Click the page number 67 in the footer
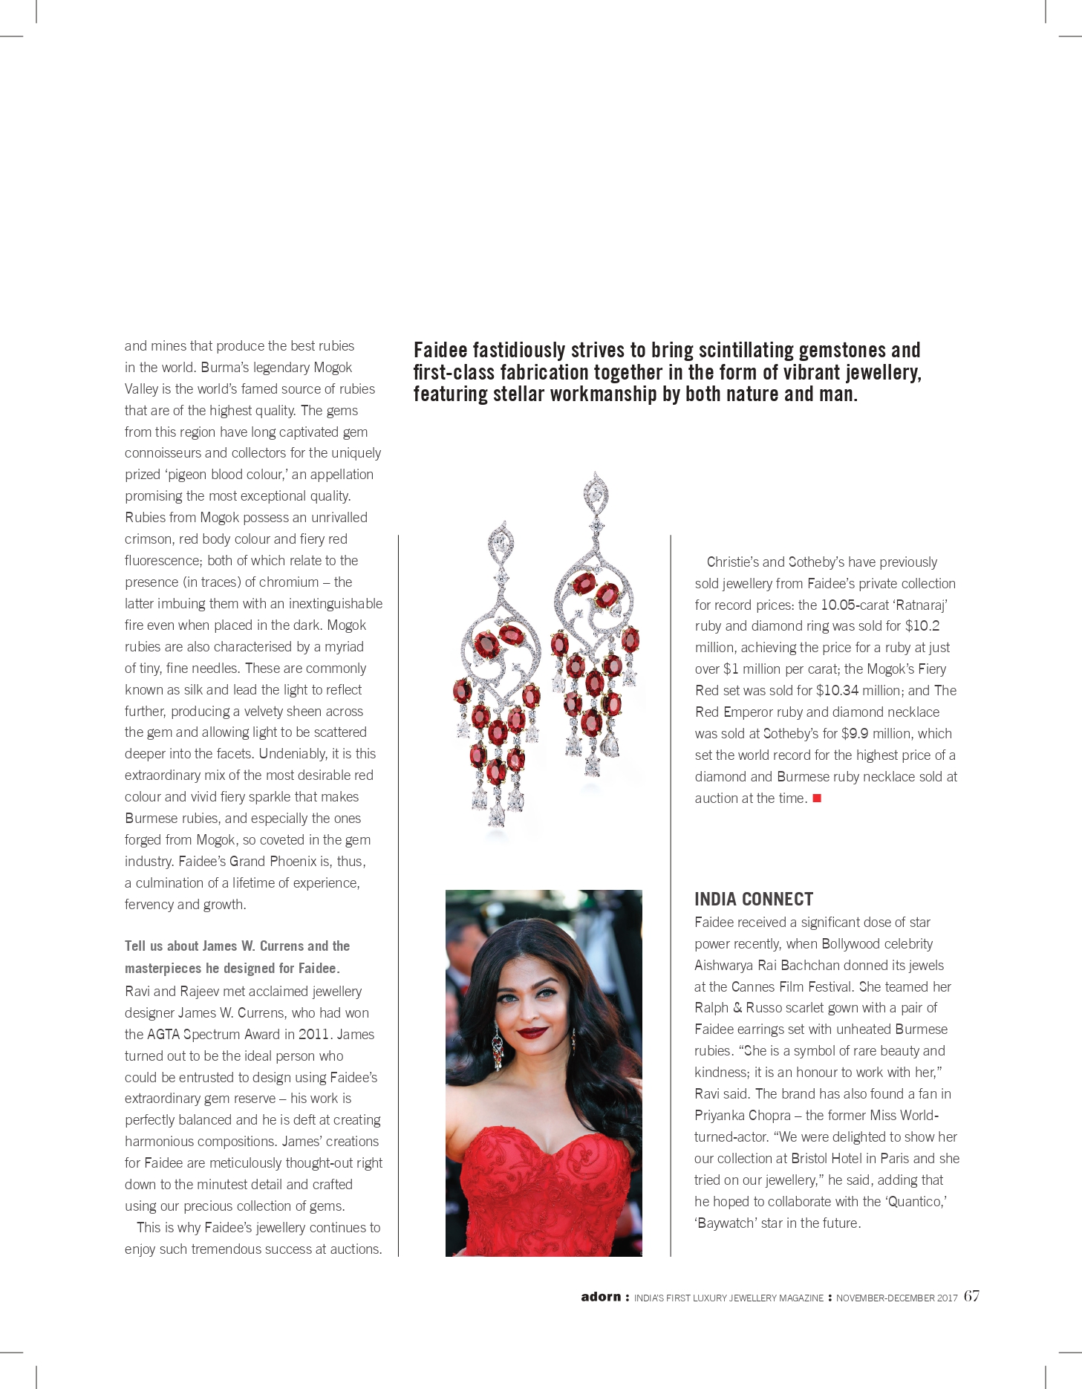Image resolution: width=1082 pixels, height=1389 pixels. pos(971,1296)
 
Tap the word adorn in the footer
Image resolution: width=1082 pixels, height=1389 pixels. pos(601,1297)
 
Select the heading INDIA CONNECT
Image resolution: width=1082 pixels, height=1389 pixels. pos(754,900)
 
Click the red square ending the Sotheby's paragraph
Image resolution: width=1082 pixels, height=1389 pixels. pos(817,798)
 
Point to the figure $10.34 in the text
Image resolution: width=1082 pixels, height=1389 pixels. pos(837,690)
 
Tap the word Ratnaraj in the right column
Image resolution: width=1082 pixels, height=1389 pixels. pos(921,605)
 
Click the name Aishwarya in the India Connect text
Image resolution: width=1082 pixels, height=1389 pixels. pos(724,965)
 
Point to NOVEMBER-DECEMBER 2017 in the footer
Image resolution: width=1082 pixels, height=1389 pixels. pos(896,1298)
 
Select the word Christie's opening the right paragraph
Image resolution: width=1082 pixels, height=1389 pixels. pos(733,562)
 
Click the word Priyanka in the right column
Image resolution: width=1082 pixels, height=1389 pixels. pos(720,1115)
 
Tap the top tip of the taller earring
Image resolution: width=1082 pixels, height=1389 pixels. pos(596,473)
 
